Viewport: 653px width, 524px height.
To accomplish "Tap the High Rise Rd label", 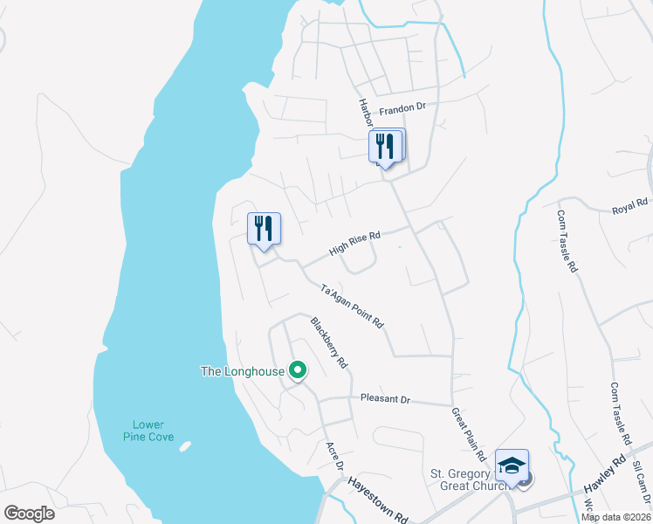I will (x=355, y=243).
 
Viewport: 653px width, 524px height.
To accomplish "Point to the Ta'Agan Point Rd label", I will (x=353, y=307).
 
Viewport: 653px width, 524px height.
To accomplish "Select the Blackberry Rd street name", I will (x=329, y=342).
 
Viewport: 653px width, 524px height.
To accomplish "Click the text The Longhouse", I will (x=243, y=371).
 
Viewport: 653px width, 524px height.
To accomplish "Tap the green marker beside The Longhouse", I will (x=298, y=371).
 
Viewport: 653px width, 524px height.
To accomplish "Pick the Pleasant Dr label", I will (x=385, y=399).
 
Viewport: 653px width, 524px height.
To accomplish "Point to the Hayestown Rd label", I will (x=378, y=500).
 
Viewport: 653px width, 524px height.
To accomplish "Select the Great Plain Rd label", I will (x=469, y=434).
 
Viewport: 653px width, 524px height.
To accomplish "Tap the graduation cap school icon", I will (x=512, y=465).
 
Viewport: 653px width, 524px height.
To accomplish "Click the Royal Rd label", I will (x=629, y=208).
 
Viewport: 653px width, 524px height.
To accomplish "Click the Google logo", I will (x=29, y=514).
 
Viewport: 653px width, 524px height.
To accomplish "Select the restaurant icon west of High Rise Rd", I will (x=264, y=230).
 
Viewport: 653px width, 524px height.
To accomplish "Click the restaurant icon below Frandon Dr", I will (x=386, y=146).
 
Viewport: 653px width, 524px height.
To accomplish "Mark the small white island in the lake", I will (x=185, y=446).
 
